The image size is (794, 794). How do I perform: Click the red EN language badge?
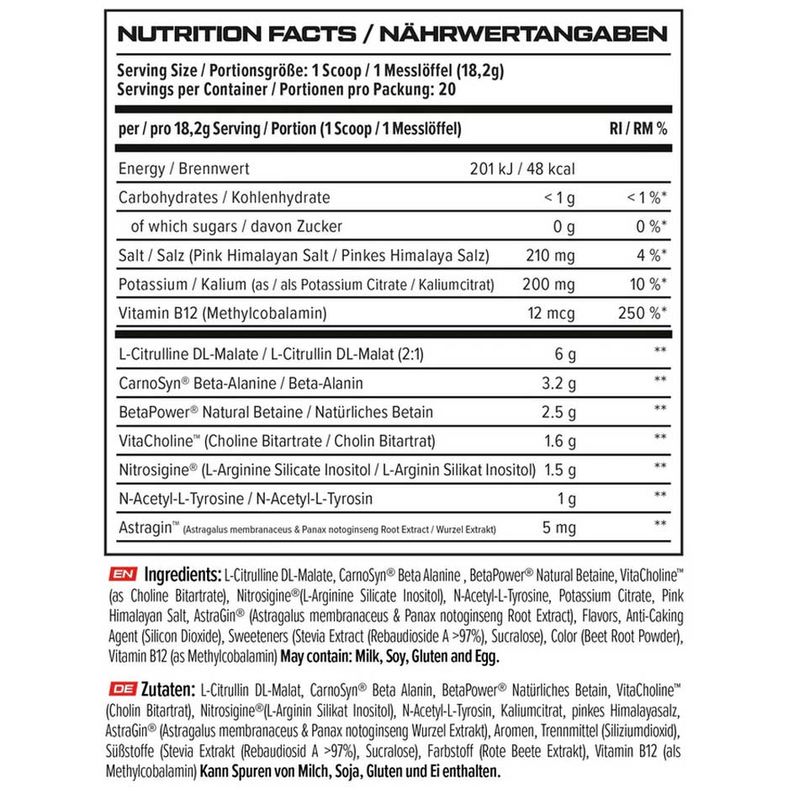tap(123, 575)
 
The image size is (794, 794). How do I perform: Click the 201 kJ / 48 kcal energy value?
tap(522, 169)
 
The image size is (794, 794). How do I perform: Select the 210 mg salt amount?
tap(550, 256)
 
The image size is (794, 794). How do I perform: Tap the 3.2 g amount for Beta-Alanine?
tap(557, 384)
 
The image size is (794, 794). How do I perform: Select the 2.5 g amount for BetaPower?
tap(557, 412)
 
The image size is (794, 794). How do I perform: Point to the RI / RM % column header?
tap(638, 130)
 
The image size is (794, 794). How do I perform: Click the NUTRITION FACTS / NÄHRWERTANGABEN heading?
tap(392, 34)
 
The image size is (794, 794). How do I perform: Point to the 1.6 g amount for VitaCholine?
tap(557, 441)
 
